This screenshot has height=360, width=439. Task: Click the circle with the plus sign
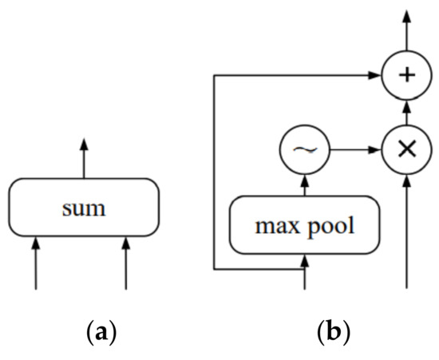tap(407, 76)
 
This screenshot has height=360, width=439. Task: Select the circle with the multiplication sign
tap(407, 148)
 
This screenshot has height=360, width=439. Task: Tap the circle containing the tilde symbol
tap(303, 148)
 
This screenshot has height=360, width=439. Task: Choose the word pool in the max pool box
tap(329, 224)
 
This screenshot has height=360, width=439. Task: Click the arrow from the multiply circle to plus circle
tap(407, 112)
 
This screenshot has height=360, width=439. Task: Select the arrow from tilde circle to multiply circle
tap(354, 148)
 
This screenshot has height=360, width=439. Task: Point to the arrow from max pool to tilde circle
tap(303, 185)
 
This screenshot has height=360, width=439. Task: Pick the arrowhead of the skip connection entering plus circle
tap(375, 76)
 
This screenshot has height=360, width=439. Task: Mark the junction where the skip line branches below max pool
tap(304, 271)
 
